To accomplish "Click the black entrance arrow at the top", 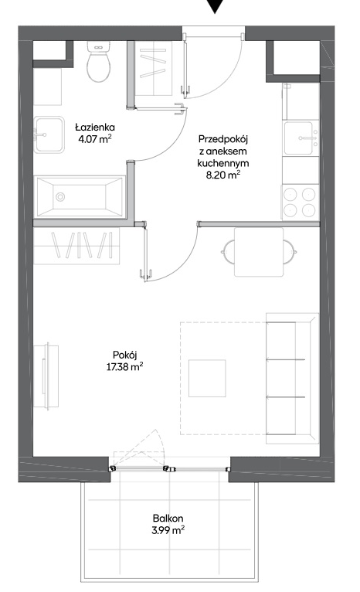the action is click(215, 6).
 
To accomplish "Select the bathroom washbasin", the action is click(49, 134).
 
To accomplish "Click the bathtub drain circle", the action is click(60, 197).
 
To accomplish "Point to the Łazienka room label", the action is click(95, 128).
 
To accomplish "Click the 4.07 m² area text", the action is click(95, 139).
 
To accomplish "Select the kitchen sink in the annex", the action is click(301, 138).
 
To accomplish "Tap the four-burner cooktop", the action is click(300, 202).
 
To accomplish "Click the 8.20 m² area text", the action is click(223, 175).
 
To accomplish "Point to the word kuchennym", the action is click(223, 163).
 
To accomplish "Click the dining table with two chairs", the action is click(259, 252).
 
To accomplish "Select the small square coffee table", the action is click(207, 378).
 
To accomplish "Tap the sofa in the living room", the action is click(292, 378).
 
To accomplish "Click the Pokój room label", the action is click(125, 355).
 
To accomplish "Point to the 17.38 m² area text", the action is click(125, 366).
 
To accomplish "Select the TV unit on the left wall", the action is click(46, 376).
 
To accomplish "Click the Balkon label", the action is click(168, 518).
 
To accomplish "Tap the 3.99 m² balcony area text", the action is click(168, 530).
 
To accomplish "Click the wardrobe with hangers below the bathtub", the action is click(76, 246).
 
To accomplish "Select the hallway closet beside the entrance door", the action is click(154, 67).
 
